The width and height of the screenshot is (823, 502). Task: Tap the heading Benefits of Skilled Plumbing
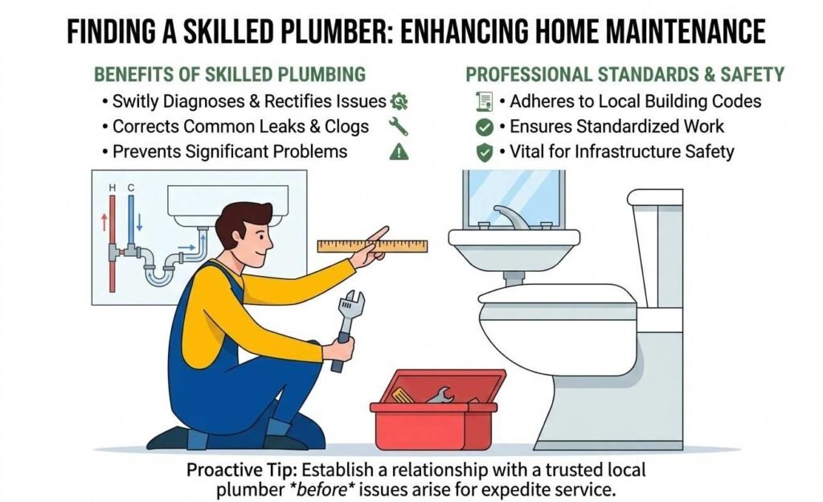[x=230, y=75]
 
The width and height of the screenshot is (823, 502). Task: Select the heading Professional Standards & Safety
[x=624, y=75]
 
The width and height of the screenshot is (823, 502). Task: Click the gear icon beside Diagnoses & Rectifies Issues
[x=399, y=101]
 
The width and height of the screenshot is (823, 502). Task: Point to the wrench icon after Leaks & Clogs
[x=398, y=126]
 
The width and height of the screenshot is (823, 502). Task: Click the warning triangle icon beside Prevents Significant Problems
[x=399, y=151]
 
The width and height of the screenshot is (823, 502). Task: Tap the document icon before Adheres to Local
[x=484, y=101]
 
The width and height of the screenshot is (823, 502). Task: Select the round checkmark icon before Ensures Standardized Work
[x=484, y=126]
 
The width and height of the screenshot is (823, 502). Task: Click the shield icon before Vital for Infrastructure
[x=484, y=151]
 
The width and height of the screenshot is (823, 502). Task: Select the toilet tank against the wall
[x=655, y=249]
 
